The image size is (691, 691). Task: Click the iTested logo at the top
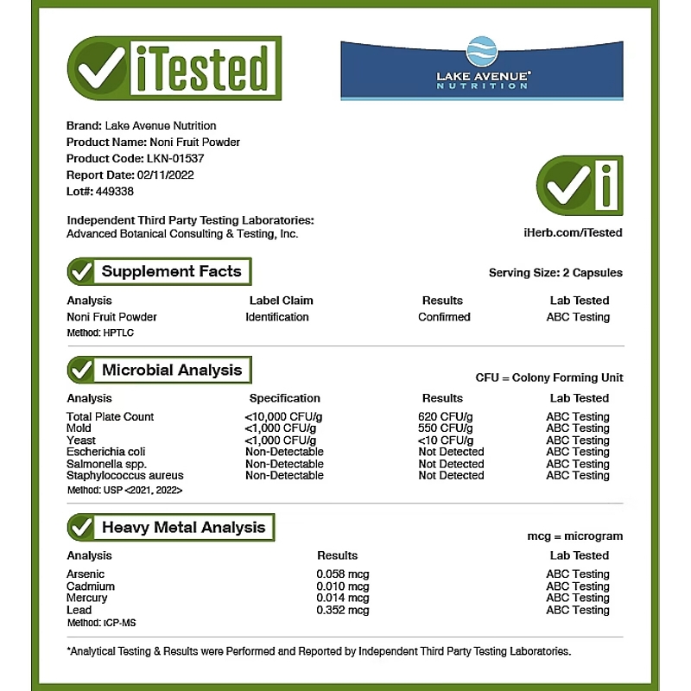[x=174, y=70]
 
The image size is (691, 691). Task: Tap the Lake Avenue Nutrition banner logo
[x=482, y=69]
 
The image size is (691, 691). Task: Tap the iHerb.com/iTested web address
[x=573, y=232]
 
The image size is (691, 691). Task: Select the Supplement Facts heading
[x=171, y=271]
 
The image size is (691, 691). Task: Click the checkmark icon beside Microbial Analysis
[x=82, y=371]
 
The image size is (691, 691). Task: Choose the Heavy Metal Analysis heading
[x=183, y=528]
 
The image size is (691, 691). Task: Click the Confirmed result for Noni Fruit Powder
[x=444, y=317]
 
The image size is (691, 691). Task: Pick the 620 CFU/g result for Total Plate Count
[x=445, y=416]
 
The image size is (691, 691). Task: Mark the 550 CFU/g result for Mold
[x=445, y=428]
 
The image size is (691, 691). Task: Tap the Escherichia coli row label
[x=106, y=452]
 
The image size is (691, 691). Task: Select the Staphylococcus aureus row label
[x=124, y=475]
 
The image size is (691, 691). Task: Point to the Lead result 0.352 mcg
[x=343, y=610]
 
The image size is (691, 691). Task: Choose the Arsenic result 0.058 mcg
[x=343, y=574]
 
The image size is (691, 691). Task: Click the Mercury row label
[x=86, y=598]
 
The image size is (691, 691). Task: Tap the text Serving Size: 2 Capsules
[x=555, y=273]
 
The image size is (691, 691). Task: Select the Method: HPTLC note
[x=100, y=333]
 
